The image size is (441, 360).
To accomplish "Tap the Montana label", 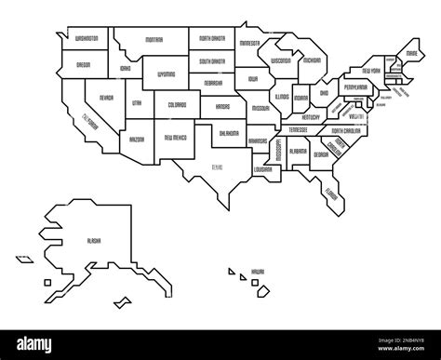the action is pyautogui.click(x=154, y=41).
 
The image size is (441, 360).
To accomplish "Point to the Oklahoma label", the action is pyautogui.click(x=230, y=133).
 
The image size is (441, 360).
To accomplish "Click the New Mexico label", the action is pyautogui.click(x=175, y=137).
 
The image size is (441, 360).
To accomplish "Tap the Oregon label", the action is pyautogui.click(x=82, y=65).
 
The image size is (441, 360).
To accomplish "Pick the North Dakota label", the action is pyautogui.click(x=211, y=40).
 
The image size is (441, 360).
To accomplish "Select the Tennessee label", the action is pyautogui.click(x=299, y=129).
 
